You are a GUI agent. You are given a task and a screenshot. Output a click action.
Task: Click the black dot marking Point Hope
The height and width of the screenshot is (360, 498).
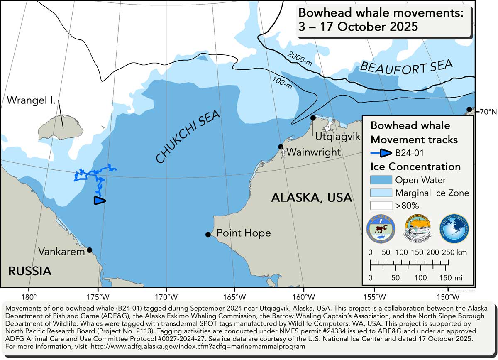[208, 235]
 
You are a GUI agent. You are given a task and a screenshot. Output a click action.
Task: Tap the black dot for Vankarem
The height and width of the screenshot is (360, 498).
[89, 250]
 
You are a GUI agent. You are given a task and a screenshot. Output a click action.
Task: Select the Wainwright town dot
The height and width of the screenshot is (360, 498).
[281, 147]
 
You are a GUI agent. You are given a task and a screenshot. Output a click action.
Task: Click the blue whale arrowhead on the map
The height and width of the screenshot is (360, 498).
[100, 201]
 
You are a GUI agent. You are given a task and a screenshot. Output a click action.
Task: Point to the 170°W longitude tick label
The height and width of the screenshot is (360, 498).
[166, 298]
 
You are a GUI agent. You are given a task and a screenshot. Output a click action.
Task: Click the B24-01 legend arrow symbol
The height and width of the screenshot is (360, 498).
[381, 153]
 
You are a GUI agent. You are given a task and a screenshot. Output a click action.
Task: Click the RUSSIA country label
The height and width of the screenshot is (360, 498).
[30, 271]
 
